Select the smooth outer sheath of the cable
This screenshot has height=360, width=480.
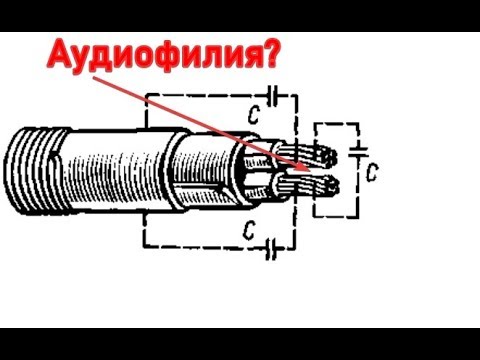tap(120, 171)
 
